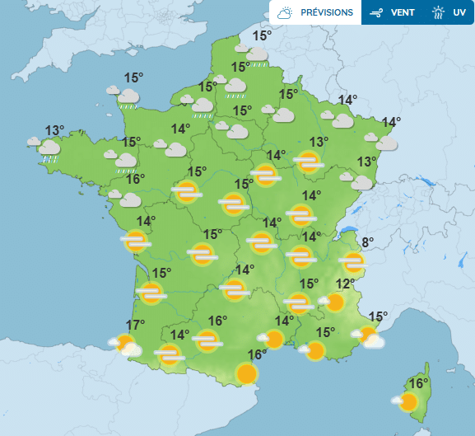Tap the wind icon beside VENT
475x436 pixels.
tap(376, 13)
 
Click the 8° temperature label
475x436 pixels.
tap(367, 242)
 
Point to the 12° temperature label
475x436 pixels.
tap(346, 284)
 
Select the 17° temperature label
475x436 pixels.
tap(135, 325)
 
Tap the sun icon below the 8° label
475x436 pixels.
tap(353, 263)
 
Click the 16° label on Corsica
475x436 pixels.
tap(420, 383)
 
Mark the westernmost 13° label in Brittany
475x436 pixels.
tap(54, 130)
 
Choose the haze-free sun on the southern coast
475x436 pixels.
tap(246, 374)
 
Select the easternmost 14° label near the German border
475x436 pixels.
tap(391, 122)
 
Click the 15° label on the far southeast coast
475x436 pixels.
tap(378, 316)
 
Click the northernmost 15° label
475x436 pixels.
tap(262, 35)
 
